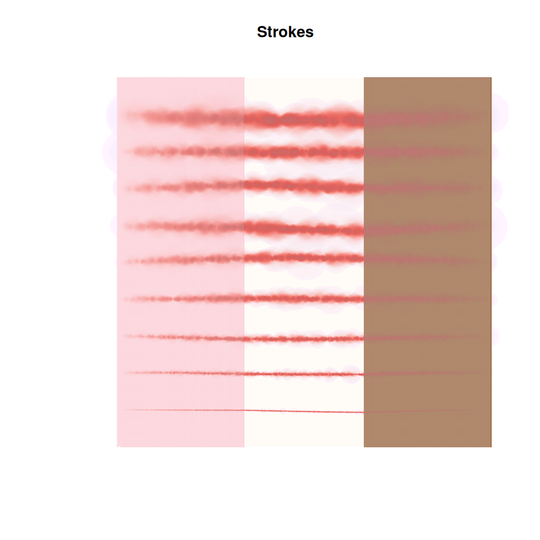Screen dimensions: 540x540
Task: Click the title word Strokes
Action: tap(285, 32)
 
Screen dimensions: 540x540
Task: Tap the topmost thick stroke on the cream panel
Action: tap(304, 119)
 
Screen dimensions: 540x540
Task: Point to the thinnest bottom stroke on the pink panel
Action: tap(182, 410)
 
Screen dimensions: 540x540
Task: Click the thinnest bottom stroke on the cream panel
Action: tap(304, 411)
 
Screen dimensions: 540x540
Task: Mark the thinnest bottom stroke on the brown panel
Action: tap(427, 411)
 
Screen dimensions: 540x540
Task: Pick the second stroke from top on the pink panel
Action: tap(182, 152)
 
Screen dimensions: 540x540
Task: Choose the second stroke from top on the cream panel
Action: tap(304, 153)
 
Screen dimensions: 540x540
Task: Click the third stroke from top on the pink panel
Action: tap(182, 187)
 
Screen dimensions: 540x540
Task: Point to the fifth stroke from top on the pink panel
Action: tap(182, 260)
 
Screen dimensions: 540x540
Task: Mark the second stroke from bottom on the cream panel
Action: tap(304, 373)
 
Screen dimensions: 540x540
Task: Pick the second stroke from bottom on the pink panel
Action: tap(182, 372)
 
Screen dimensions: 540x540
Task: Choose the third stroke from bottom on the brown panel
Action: tap(427, 337)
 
